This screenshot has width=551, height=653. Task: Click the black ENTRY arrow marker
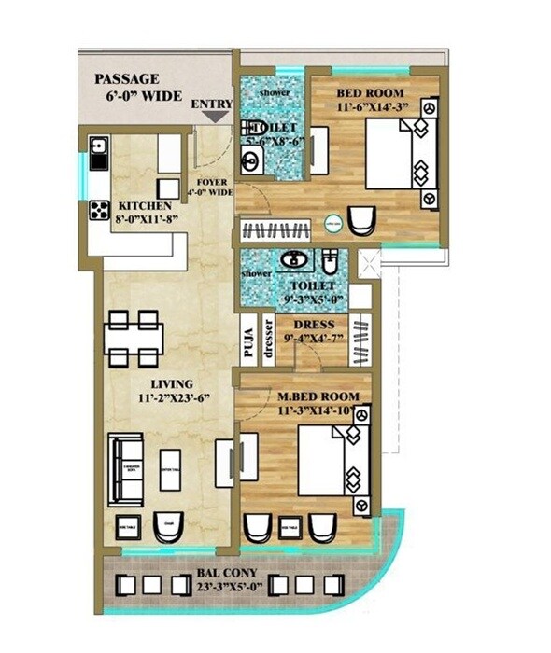coord(214,117)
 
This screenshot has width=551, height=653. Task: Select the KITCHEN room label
coord(145,205)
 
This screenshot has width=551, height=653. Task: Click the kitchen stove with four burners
coord(99,211)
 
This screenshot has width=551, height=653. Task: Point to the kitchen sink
coord(99,149)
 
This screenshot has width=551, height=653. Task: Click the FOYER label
coord(211,182)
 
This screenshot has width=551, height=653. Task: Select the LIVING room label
coord(171,383)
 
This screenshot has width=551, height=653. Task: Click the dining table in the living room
coord(133,339)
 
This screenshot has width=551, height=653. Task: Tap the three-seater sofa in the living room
coord(126,467)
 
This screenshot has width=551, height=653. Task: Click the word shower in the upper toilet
coord(275,93)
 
